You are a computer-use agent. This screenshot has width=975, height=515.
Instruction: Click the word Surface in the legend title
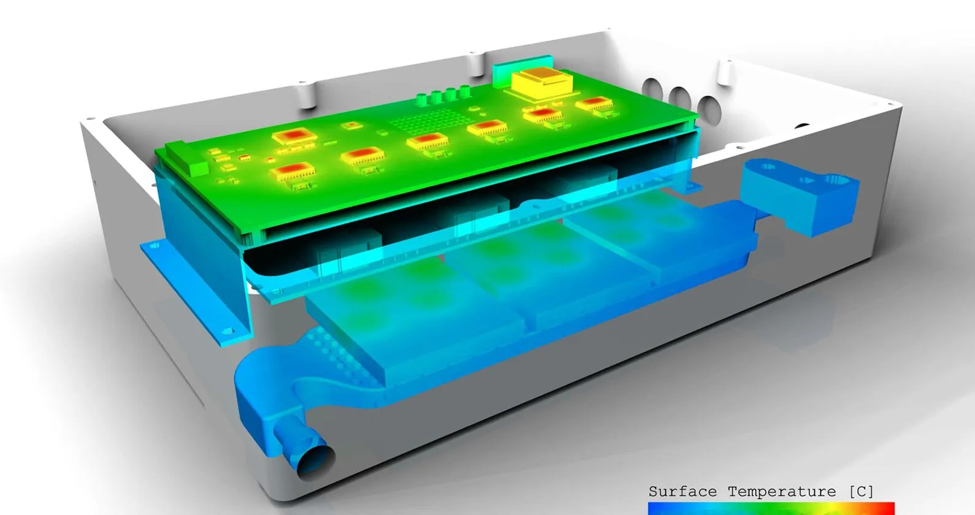pos(682,492)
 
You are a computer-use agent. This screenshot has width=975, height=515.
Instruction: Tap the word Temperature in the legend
pos(782,492)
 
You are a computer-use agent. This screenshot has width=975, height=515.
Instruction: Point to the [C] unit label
pos(862,492)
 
